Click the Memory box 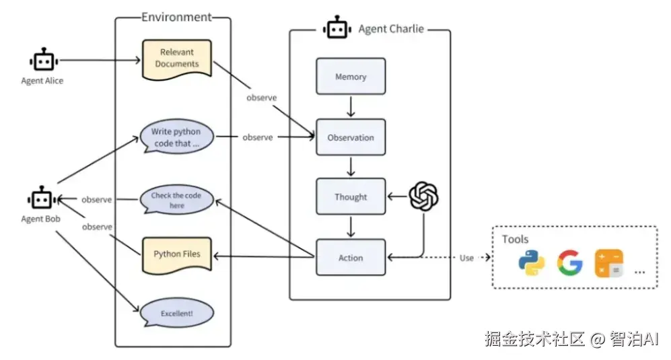(351, 76)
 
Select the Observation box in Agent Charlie (351, 137)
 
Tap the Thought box (351, 196)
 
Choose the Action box (351, 257)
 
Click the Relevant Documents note (177, 58)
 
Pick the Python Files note (177, 254)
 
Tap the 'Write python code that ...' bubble (177, 137)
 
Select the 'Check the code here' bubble (177, 200)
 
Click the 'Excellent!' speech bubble (177, 313)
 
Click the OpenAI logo (423, 196)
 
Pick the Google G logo (569, 263)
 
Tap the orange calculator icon (608, 263)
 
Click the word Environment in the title (176, 17)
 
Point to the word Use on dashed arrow (466, 258)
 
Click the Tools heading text (516, 240)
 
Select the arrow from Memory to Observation (351, 106)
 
